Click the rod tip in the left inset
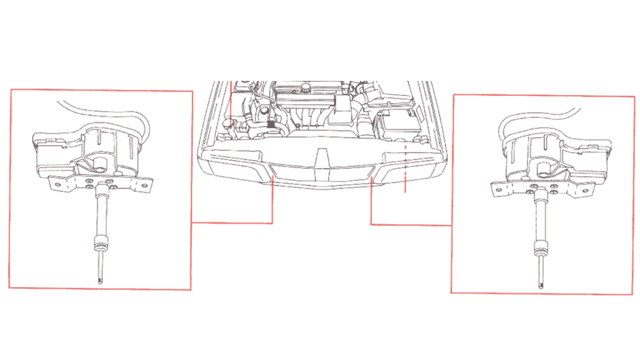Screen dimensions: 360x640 click(x=100, y=279)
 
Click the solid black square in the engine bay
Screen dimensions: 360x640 click(x=270, y=123)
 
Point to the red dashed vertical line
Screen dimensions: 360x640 click(x=405, y=169)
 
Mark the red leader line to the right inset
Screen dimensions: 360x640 click(x=411, y=224)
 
